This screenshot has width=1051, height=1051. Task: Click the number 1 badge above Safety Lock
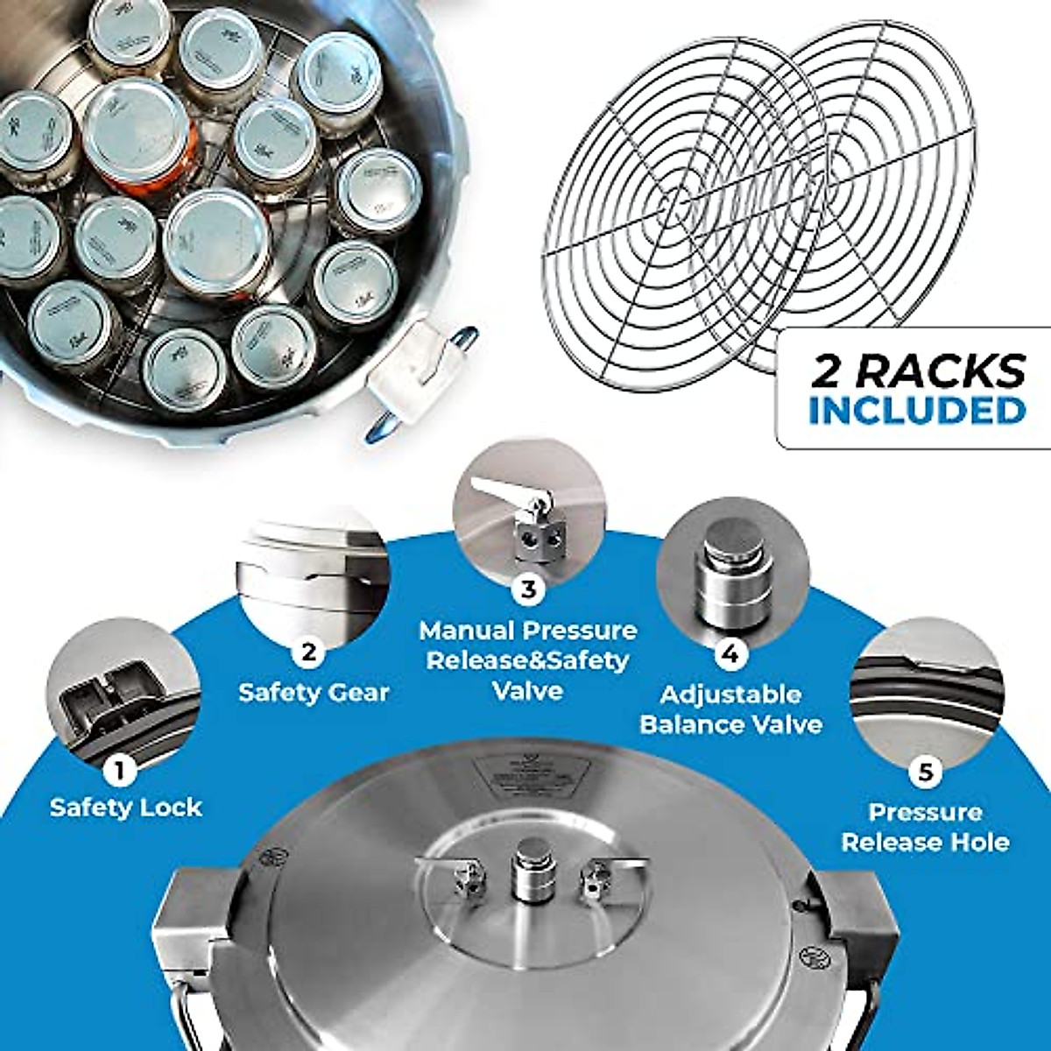(x=119, y=770)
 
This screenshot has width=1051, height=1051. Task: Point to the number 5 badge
(x=925, y=772)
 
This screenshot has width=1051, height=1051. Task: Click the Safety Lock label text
(x=126, y=807)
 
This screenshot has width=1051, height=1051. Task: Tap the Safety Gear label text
(x=314, y=692)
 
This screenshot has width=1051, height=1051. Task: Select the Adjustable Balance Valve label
(x=730, y=709)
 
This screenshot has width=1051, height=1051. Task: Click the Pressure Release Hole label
(x=925, y=827)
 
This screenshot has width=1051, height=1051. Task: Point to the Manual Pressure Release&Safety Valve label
(x=528, y=660)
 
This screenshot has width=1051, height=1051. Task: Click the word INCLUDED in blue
(x=916, y=411)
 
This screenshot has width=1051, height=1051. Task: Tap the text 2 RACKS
(x=918, y=371)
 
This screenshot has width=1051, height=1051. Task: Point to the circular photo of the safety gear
(x=311, y=578)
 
